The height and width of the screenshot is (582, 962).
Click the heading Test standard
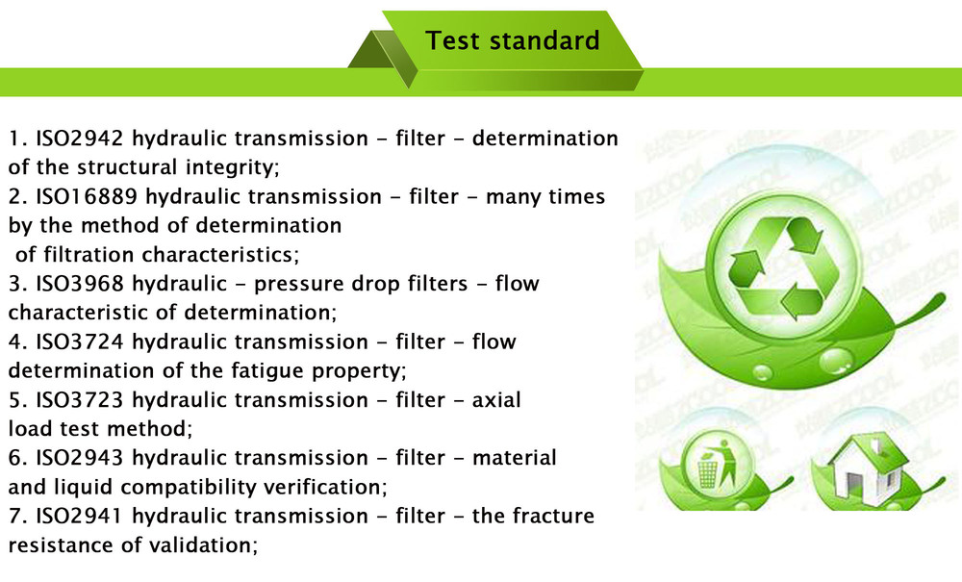point(513,40)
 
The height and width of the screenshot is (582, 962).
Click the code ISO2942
point(80,138)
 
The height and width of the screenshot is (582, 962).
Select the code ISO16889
point(87,196)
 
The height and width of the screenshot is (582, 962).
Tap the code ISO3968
point(80,284)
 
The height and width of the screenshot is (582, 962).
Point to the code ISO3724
point(80,342)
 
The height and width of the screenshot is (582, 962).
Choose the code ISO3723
point(80,400)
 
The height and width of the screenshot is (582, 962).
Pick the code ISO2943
point(80,458)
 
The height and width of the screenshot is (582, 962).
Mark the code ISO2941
point(80,516)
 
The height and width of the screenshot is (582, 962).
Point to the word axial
point(496,400)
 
